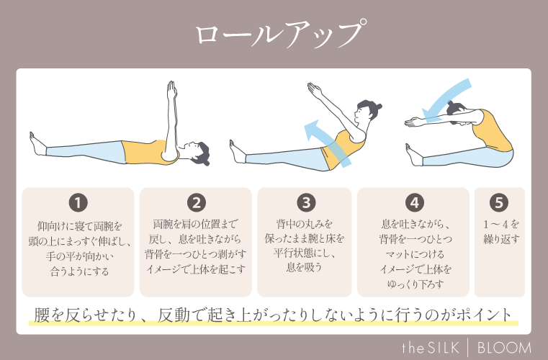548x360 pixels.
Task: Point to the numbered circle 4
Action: [415, 202]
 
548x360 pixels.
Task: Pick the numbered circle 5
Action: [499, 202]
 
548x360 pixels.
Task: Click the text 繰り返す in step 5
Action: [500, 238]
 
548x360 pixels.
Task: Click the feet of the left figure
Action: [36, 143]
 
